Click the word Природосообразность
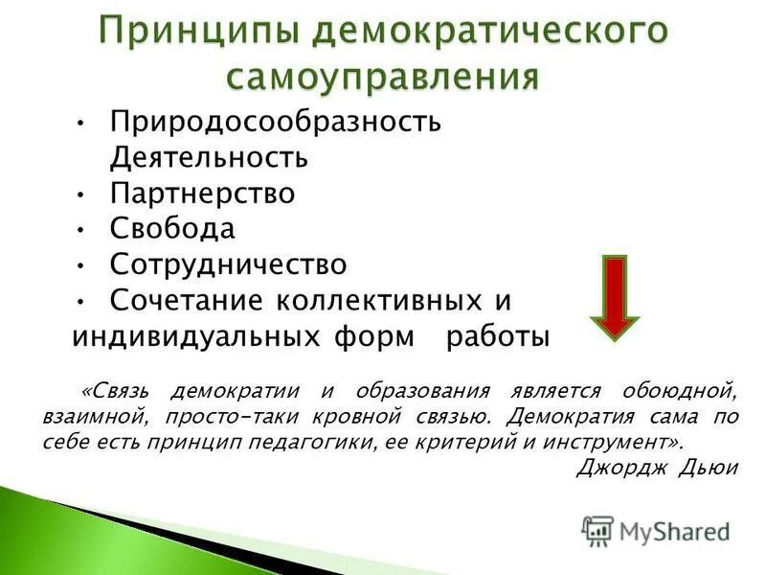[x=275, y=123]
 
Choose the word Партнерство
[x=202, y=193]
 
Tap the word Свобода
[x=171, y=229]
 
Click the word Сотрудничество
[x=228, y=264]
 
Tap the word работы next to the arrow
[x=498, y=337]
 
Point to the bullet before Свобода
[x=82, y=230]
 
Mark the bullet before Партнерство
[x=82, y=194]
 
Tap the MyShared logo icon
[x=597, y=531]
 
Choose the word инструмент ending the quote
[x=616, y=442]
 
